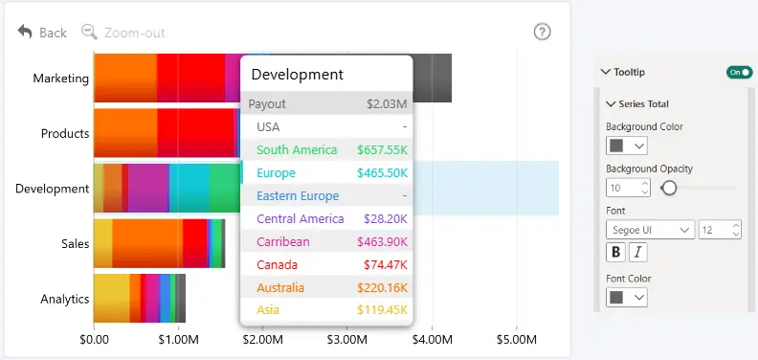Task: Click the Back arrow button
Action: (x=25, y=32)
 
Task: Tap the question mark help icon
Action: (x=542, y=32)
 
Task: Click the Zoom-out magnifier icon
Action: (x=89, y=32)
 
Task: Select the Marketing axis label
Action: (x=61, y=79)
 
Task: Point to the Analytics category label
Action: (x=65, y=299)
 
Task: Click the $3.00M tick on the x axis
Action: (x=347, y=340)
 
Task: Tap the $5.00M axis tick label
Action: (x=516, y=340)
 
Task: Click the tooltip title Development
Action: (x=298, y=75)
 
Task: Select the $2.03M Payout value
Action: (x=387, y=104)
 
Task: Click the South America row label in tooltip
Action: (x=297, y=150)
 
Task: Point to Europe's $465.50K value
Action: (x=383, y=173)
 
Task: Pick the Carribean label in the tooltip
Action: (x=283, y=242)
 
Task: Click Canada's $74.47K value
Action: (x=386, y=265)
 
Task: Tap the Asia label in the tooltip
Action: (x=268, y=309)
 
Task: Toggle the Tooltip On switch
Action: (x=739, y=72)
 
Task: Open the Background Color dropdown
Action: (x=627, y=146)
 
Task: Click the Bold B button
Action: (x=616, y=252)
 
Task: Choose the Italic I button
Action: (x=638, y=252)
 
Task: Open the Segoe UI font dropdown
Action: (x=650, y=230)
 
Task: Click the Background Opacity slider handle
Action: (x=669, y=188)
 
